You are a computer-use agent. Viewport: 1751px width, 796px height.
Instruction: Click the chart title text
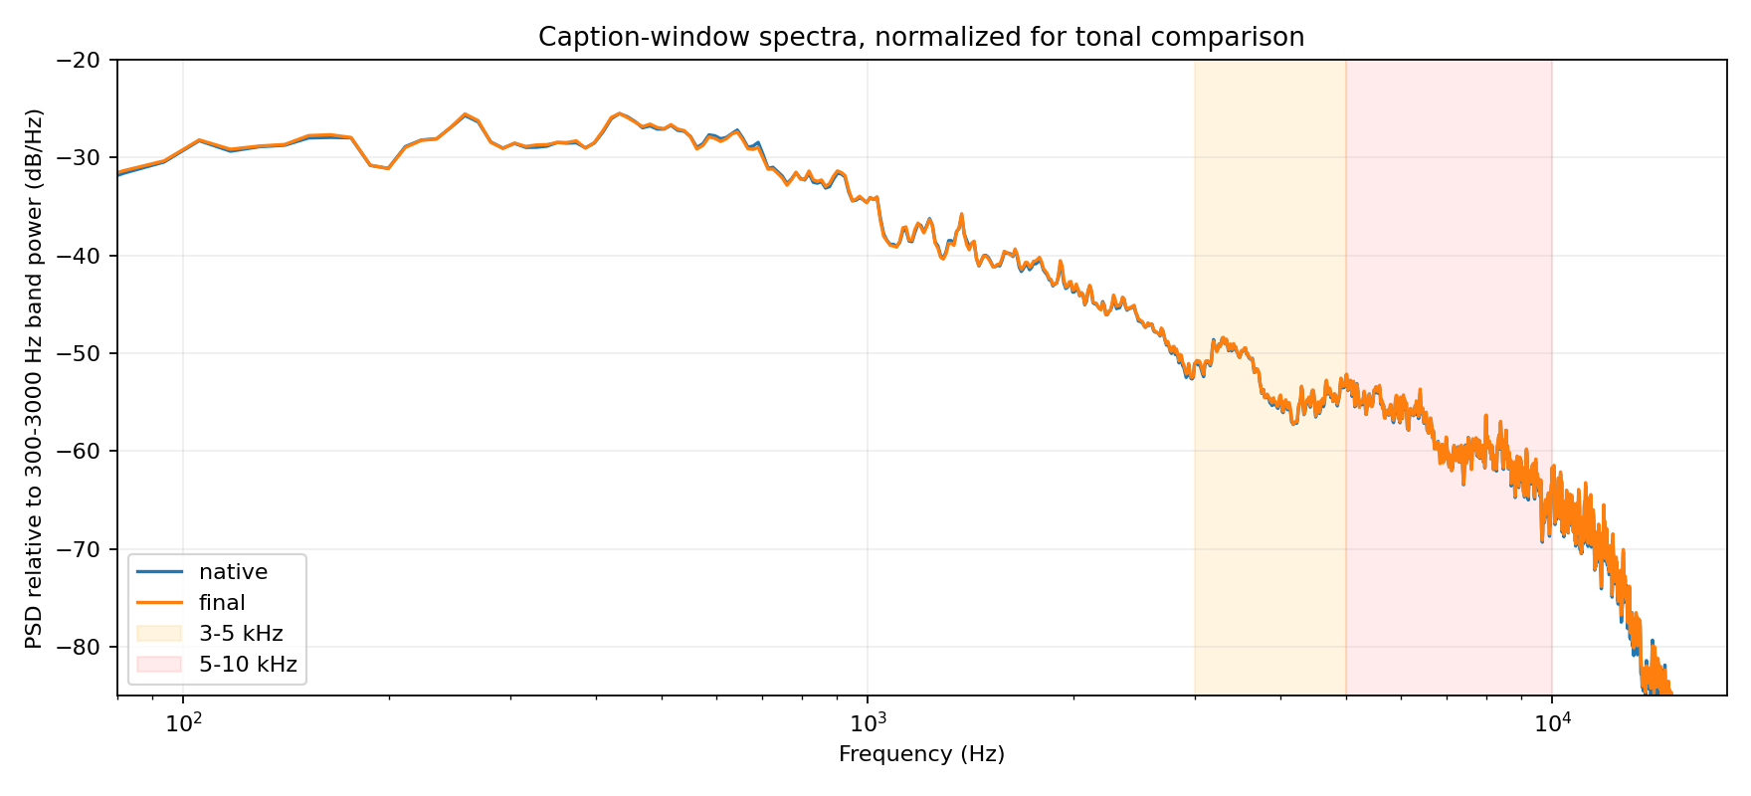point(921,37)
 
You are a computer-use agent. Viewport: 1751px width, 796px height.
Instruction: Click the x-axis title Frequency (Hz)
point(921,754)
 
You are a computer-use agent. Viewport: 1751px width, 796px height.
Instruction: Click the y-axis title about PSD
point(35,378)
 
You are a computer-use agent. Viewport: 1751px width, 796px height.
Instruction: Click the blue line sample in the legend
point(159,572)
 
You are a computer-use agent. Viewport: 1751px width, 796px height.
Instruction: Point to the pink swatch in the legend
point(159,664)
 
